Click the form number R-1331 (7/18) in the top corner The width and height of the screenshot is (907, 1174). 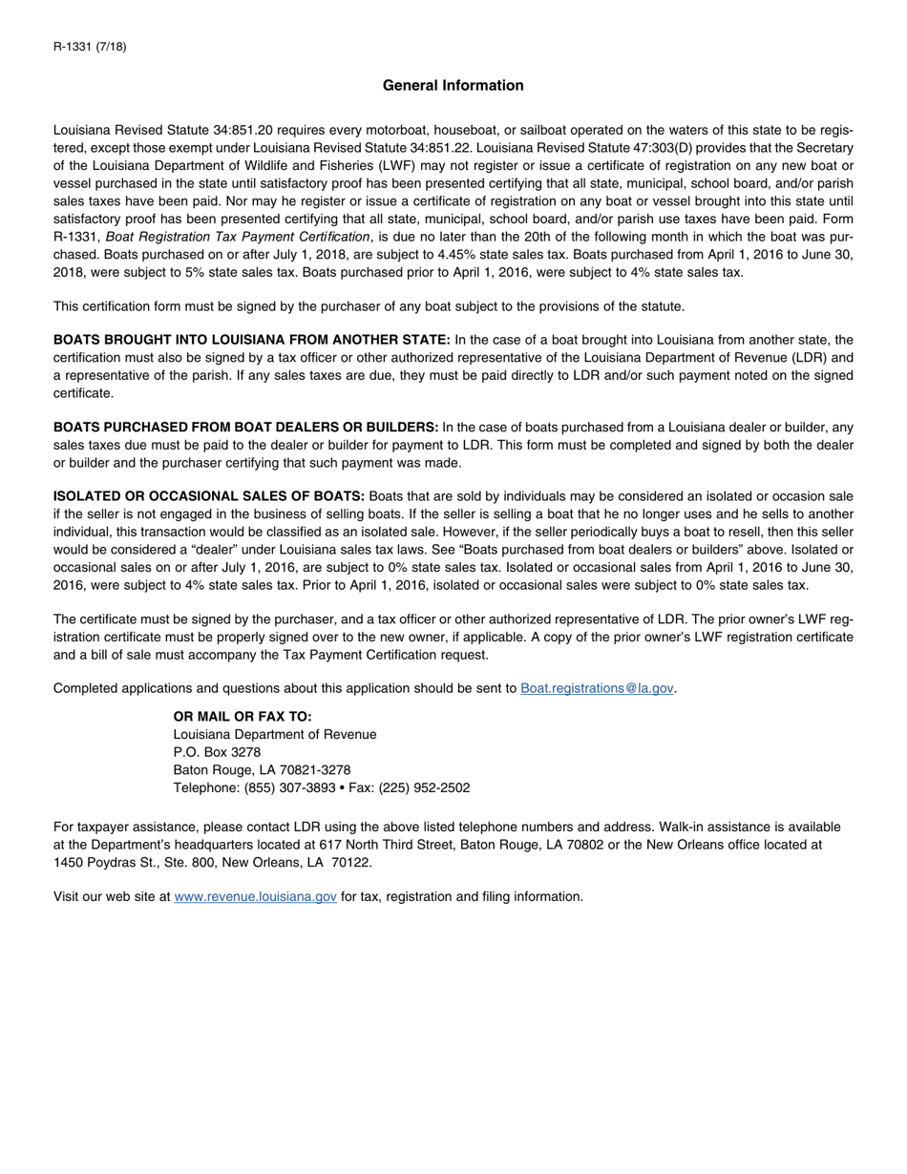pyautogui.click(x=90, y=47)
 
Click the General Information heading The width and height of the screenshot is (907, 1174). pyautogui.click(x=453, y=86)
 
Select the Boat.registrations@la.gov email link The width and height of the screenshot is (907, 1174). pyautogui.click(x=597, y=688)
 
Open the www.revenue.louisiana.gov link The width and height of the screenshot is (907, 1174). pyautogui.click(x=255, y=896)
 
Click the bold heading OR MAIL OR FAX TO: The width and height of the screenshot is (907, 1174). pyautogui.click(x=243, y=716)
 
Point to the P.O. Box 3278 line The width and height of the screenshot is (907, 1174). pyautogui.click(x=217, y=752)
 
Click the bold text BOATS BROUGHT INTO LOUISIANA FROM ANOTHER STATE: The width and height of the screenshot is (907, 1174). pyautogui.click(x=252, y=340)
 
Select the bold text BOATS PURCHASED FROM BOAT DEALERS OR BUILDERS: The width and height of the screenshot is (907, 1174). pyautogui.click(x=245, y=427)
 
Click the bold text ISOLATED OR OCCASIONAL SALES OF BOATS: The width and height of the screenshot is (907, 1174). pyautogui.click(x=209, y=496)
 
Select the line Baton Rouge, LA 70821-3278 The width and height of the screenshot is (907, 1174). pyautogui.click(x=262, y=770)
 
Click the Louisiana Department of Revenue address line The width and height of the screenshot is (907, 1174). pyautogui.click(x=274, y=734)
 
